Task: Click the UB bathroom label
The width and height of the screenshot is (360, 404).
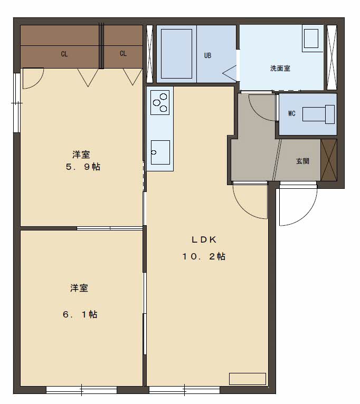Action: coord(207,55)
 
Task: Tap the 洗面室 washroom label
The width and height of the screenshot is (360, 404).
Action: coord(280,68)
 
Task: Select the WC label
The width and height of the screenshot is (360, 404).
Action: coord(291,113)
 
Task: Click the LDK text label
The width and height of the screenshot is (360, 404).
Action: coord(204,239)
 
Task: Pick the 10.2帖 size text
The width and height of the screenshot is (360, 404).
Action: coord(204,257)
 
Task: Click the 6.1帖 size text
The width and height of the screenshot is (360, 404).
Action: coord(80,314)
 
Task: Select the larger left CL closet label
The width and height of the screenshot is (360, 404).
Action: coord(64,54)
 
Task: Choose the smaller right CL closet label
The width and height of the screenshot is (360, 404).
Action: coord(123,54)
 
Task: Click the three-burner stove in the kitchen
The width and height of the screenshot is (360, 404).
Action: coord(160,102)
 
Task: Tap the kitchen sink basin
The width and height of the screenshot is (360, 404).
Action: coord(160,152)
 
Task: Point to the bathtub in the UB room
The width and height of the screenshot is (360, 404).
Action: coord(177,53)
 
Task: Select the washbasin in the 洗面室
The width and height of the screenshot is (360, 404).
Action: coord(311,39)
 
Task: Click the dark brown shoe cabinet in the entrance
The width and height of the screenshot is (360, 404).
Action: coord(328,160)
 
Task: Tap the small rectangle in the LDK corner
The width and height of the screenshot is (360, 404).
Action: coord(247,379)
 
